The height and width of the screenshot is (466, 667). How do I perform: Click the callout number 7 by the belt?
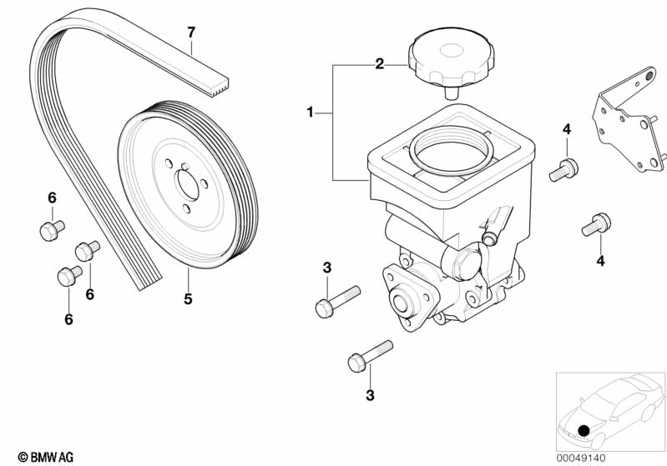(x=191, y=33)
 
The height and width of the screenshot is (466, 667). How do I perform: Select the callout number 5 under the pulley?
(x=188, y=298)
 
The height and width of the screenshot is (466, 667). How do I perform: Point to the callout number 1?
(x=310, y=112)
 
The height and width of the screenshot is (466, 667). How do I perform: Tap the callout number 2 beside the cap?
(x=379, y=63)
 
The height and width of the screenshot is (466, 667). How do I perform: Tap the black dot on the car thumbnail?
(x=584, y=430)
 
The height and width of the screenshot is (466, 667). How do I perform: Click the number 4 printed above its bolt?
(x=566, y=129)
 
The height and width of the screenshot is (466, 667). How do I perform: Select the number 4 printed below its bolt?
(x=600, y=261)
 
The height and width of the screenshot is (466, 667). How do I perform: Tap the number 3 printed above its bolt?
(x=327, y=268)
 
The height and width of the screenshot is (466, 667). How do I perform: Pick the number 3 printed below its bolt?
(x=370, y=395)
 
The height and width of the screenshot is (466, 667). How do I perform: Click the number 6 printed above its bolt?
(x=51, y=198)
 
